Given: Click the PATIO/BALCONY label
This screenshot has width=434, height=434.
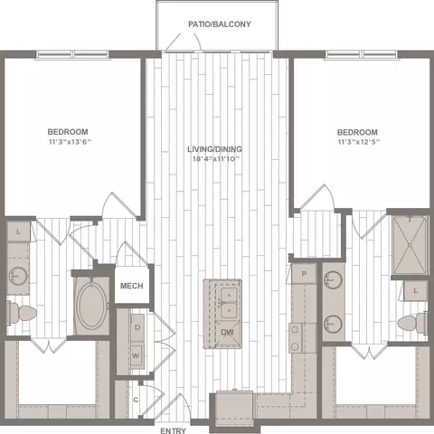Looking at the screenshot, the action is point(220,24).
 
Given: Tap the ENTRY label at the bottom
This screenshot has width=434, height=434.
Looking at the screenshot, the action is point(173,430).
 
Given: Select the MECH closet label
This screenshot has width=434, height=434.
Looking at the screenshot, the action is point(132,286).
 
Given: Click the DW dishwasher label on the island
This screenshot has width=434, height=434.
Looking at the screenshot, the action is point(227,333).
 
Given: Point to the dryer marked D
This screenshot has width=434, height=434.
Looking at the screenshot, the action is point(137,327).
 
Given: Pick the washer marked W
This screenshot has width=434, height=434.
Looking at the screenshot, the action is point(137,355).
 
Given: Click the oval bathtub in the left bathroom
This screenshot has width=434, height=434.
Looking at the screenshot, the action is point(91,306).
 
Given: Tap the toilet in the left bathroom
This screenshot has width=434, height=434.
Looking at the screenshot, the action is point(21,314).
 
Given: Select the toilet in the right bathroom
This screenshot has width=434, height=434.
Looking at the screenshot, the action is point(412,323).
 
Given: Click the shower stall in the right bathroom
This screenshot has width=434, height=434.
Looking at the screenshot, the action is point(410,245).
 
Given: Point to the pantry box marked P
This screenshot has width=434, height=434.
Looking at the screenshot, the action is point(304,274).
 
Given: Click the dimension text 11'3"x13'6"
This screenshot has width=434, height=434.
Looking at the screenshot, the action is point(70,142).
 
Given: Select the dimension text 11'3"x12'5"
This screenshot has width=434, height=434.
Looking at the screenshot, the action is point(359,142).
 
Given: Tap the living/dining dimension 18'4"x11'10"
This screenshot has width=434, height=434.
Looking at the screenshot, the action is point(216,159).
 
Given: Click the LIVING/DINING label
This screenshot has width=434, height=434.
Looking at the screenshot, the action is point(214,149).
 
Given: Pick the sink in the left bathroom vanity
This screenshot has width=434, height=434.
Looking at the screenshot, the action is point(18,276).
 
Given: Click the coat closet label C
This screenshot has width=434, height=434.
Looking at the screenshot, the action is point(137,400).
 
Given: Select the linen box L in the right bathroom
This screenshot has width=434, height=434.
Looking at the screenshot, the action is point(416,291).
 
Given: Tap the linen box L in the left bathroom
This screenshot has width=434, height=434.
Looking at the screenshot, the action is point(18,231).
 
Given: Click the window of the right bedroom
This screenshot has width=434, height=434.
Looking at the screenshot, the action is point(361,54).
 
